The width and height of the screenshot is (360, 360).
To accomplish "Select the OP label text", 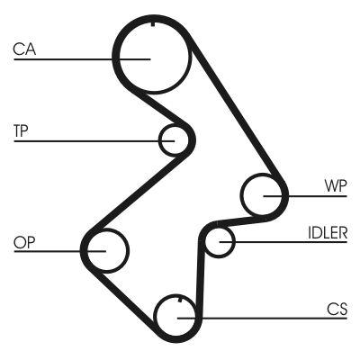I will [23, 241].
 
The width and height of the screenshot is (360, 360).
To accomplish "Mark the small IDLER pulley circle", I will [219, 241].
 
